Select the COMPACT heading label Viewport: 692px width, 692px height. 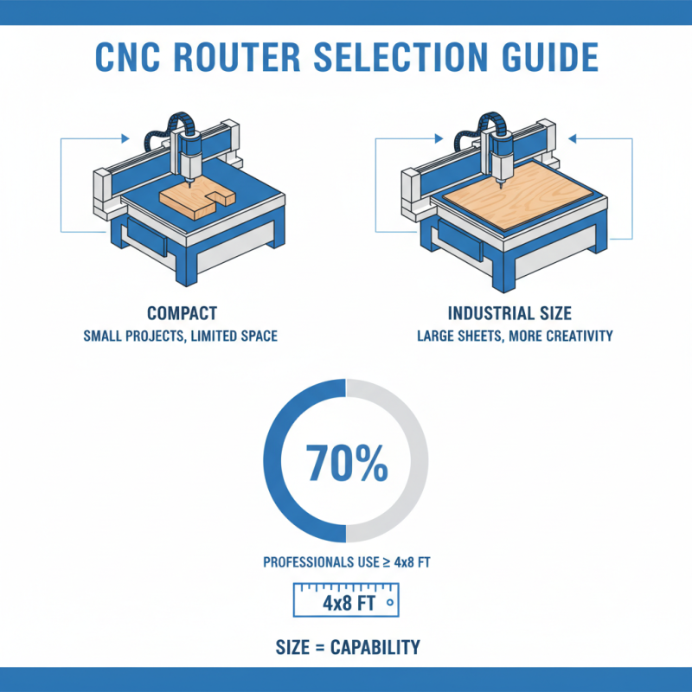pos(182,313)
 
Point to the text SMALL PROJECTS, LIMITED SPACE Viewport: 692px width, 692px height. pos(182,335)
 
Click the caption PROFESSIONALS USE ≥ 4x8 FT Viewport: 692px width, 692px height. pos(346,563)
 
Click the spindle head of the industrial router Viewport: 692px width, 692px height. pos(500,154)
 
